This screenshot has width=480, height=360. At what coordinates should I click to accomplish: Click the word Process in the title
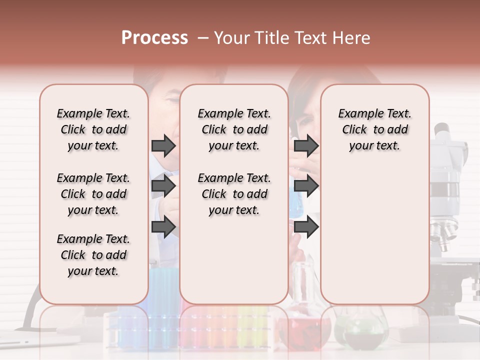tap(154, 38)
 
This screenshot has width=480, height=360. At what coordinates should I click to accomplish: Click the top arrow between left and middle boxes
tap(163, 145)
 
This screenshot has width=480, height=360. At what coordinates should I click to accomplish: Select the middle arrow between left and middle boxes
tap(163, 186)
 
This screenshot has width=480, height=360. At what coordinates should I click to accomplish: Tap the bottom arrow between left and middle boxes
tap(163, 227)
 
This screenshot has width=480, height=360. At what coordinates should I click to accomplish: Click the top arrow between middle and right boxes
tap(306, 145)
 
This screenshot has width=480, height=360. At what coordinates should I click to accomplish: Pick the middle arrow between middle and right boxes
tap(306, 186)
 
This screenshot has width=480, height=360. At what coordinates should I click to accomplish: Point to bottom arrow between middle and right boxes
tap(306, 227)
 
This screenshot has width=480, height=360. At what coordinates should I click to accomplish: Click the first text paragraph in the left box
tap(93, 129)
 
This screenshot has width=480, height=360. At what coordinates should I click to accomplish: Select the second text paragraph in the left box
tap(93, 194)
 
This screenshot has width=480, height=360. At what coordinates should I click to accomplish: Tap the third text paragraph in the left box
tap(93, 255)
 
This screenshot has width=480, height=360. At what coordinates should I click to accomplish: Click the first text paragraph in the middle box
tap(234, 129)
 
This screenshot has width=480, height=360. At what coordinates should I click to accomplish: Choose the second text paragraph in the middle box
tap(234, 194)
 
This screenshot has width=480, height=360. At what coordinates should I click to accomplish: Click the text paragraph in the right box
tap(374, 129)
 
